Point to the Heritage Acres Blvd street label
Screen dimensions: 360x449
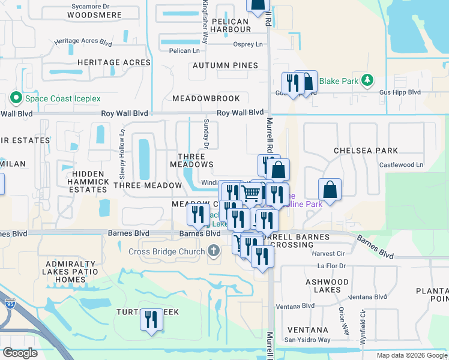click(83, 43)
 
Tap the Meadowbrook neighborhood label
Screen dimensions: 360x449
click(206, 98)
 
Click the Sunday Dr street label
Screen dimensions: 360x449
click(206, 134)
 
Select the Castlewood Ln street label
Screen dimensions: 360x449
click(401, 164)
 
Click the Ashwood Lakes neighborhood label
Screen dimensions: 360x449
click(327, 286)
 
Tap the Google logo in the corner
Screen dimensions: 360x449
click(20, 353)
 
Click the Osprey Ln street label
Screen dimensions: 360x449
click(249, 44)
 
